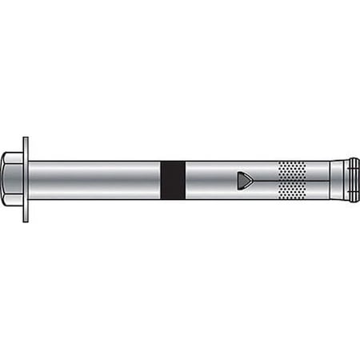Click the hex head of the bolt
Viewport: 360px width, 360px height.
point(13,179)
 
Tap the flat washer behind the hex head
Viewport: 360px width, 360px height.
point(26,179)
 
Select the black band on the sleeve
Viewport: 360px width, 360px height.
point(173,180)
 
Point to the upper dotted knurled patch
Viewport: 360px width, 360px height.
point(293,169)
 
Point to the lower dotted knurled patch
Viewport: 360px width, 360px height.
point(293,191)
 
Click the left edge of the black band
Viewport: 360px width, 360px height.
point(162,180)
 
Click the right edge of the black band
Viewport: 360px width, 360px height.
point(185,180)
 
